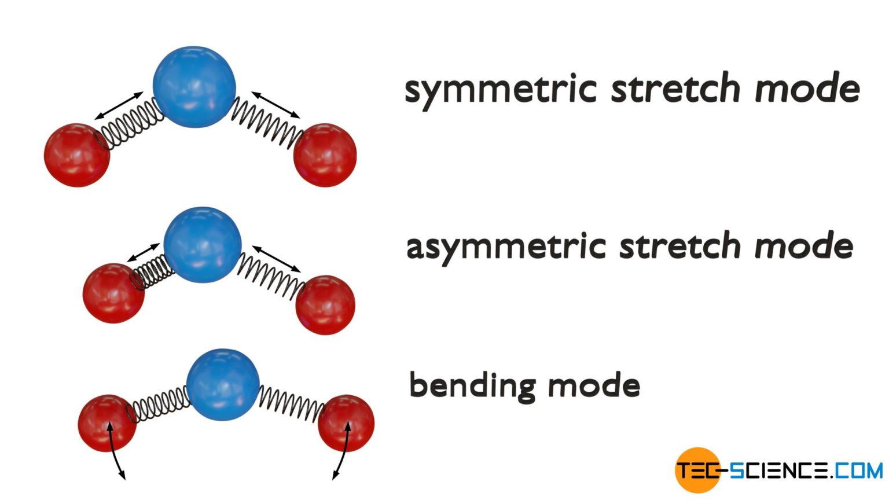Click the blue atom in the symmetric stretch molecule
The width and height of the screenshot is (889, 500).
(194, 86)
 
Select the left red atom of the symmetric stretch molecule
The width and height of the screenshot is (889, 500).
(77, 155)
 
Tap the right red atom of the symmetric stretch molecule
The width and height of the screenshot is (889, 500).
(325, 155)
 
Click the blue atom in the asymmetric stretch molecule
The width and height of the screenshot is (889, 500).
(202, 245)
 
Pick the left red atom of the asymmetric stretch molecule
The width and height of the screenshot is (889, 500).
(113, 293)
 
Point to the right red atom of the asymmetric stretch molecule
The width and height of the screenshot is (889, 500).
(325, 305)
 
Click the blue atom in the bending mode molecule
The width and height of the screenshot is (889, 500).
(223, 384)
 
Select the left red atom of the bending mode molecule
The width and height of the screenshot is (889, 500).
(107, 423)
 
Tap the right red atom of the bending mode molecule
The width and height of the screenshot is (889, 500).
(346, 423)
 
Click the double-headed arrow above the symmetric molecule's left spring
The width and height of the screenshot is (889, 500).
(119, 105)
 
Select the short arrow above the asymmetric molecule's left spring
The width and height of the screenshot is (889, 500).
(143, 253)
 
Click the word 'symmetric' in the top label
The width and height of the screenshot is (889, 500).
(500, 89)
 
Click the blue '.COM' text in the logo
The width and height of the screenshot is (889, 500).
(858, 470)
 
